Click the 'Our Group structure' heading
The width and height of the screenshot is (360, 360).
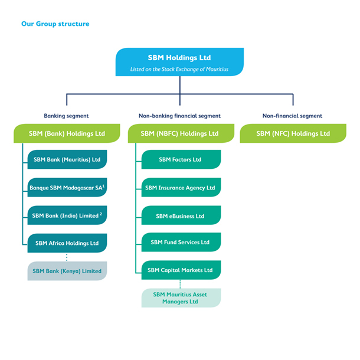(x=55, y=24)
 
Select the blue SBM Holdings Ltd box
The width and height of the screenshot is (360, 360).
(x=179, y=63)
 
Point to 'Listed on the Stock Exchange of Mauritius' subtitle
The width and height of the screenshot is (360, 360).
(x=179, y=70)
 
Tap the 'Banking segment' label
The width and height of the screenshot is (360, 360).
(x=66, y=116)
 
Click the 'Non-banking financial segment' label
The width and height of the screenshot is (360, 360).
(x=179, y=116)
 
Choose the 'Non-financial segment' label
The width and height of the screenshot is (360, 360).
(x=293, y=116)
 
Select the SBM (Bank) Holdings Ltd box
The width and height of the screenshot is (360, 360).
(x=66, y=133)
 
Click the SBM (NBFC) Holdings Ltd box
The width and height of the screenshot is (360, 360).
(x=179, y=133)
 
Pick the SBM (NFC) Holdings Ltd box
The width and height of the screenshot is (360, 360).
(x=293, y=133)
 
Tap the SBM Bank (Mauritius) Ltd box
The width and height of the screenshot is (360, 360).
(x=67, y=159)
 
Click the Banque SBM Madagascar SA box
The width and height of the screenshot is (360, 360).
(x=67, y=188)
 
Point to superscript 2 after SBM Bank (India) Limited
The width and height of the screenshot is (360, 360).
(x=102, y=214)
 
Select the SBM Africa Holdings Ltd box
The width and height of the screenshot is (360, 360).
(x=67, y=243)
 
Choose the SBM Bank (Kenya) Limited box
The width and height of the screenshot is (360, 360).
(x=67, y=271)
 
